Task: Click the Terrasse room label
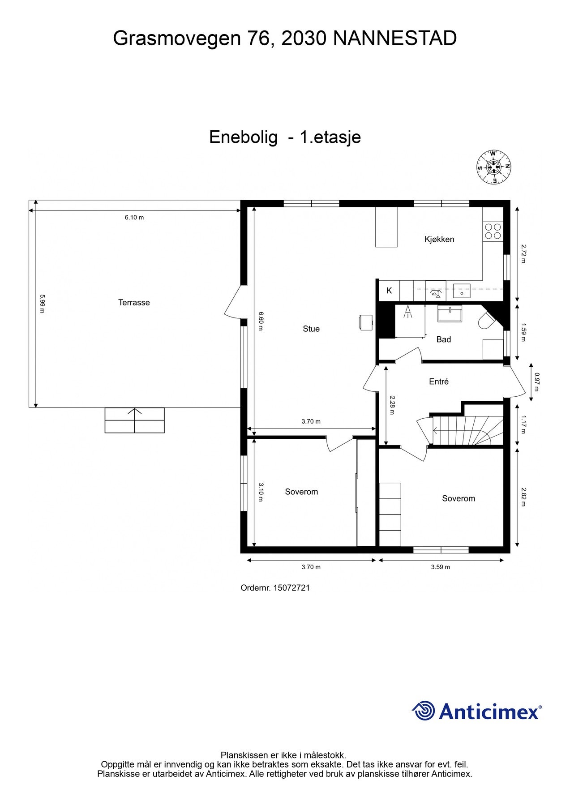point(134,303)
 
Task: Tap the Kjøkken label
point(439,240)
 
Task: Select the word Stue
point(311,329)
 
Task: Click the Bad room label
point(443,339)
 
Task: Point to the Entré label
point(438,382)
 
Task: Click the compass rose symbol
point(493,167)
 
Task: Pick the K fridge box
point(389,291)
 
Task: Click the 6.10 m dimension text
point(134,218)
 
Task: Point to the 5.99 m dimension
point(42,303)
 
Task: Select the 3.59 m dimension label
point(440,567)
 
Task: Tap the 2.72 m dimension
point(523,253)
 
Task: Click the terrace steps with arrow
point(134,420)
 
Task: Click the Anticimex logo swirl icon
point(423,711)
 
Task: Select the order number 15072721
point(291,588)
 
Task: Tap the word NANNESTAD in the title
point(394,39)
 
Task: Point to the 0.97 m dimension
point(536,382)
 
